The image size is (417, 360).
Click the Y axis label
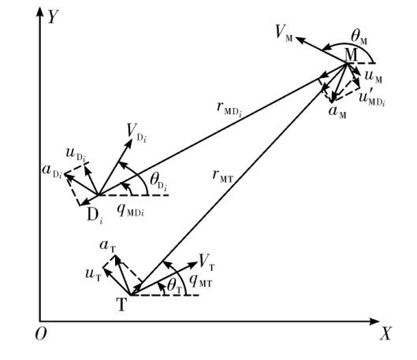click(x=53, y=17)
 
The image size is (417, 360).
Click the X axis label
click(x=385, y=334)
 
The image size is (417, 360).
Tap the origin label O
click(x=41, y=333)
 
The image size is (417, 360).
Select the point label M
click(x=352, y=55)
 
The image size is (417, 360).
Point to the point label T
click(x=121, y=305)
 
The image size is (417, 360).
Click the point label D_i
click(x=95, y=216)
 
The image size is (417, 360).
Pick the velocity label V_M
click(x=284, y=34)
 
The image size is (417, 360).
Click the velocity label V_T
click(x=207, y=262)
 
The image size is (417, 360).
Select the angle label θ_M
click(x=359, y=37)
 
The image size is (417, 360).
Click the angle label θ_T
click(x=174, y=288)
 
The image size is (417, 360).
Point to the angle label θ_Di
click(x=158, y=182)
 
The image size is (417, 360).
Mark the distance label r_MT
click(x=222, y=176)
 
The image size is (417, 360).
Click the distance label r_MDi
click(x=229, y=109)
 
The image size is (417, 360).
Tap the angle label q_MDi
click(x=131, y=210)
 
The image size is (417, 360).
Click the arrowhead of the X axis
click(x=375, y=321)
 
